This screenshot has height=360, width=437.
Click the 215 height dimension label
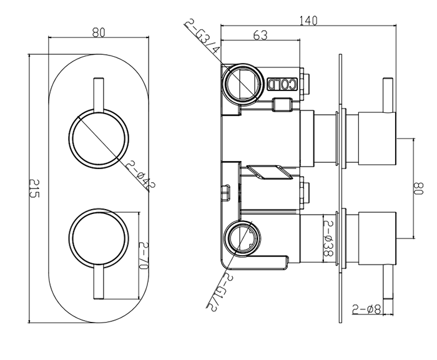(35, 188)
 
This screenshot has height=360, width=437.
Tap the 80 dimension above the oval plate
(98, 33)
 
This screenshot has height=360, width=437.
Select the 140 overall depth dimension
(308, 21)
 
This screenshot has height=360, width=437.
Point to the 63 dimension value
(262, 37)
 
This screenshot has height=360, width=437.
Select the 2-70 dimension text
(143, 256)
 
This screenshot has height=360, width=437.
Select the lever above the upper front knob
(99, 94)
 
